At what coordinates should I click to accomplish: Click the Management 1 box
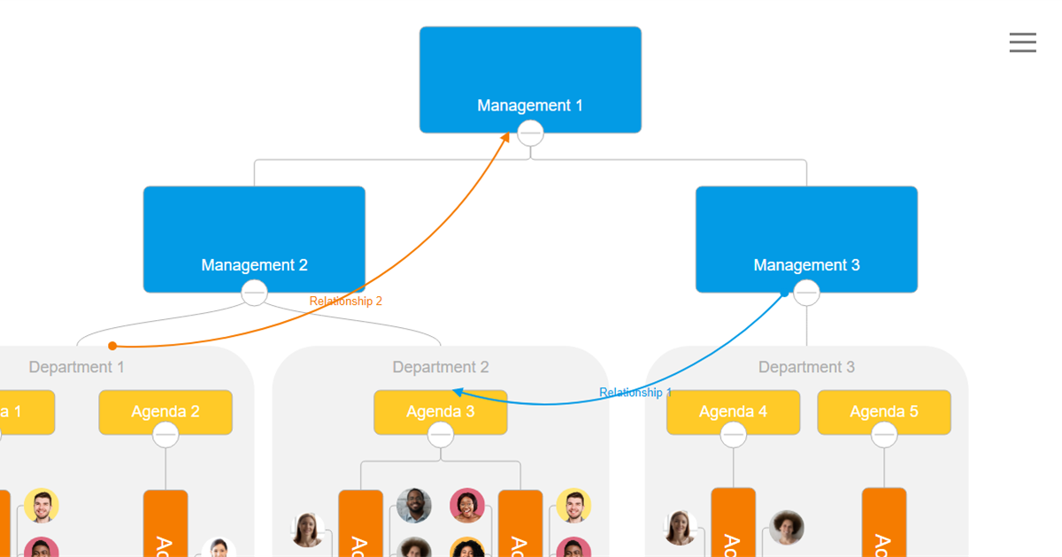click(x=530, y=80)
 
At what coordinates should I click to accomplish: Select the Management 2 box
click(x=254, y=239)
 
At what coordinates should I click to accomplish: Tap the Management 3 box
click(x=806, y=239)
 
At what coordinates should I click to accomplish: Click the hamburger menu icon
click(x=1022, y=42)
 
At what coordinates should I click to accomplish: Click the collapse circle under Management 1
click(x=530, y=134)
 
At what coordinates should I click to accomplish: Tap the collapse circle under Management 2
click(x=254, y=293)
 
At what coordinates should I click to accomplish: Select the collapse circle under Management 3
click(x=806, y=293)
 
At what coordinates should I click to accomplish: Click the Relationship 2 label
click(x=345, y=301)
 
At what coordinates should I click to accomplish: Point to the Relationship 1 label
click(x=635, y=393)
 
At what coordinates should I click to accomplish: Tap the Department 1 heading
click(x=77, y=367)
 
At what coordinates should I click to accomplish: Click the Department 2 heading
click(x=441, y=367)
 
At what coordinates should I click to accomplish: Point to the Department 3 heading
click(x=806, y=367)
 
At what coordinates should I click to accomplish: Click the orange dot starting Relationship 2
click(x=112, y=346)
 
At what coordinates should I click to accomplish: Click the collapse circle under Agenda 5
click(x=884, y=435)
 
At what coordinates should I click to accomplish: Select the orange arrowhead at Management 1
click(x=506, y=137)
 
